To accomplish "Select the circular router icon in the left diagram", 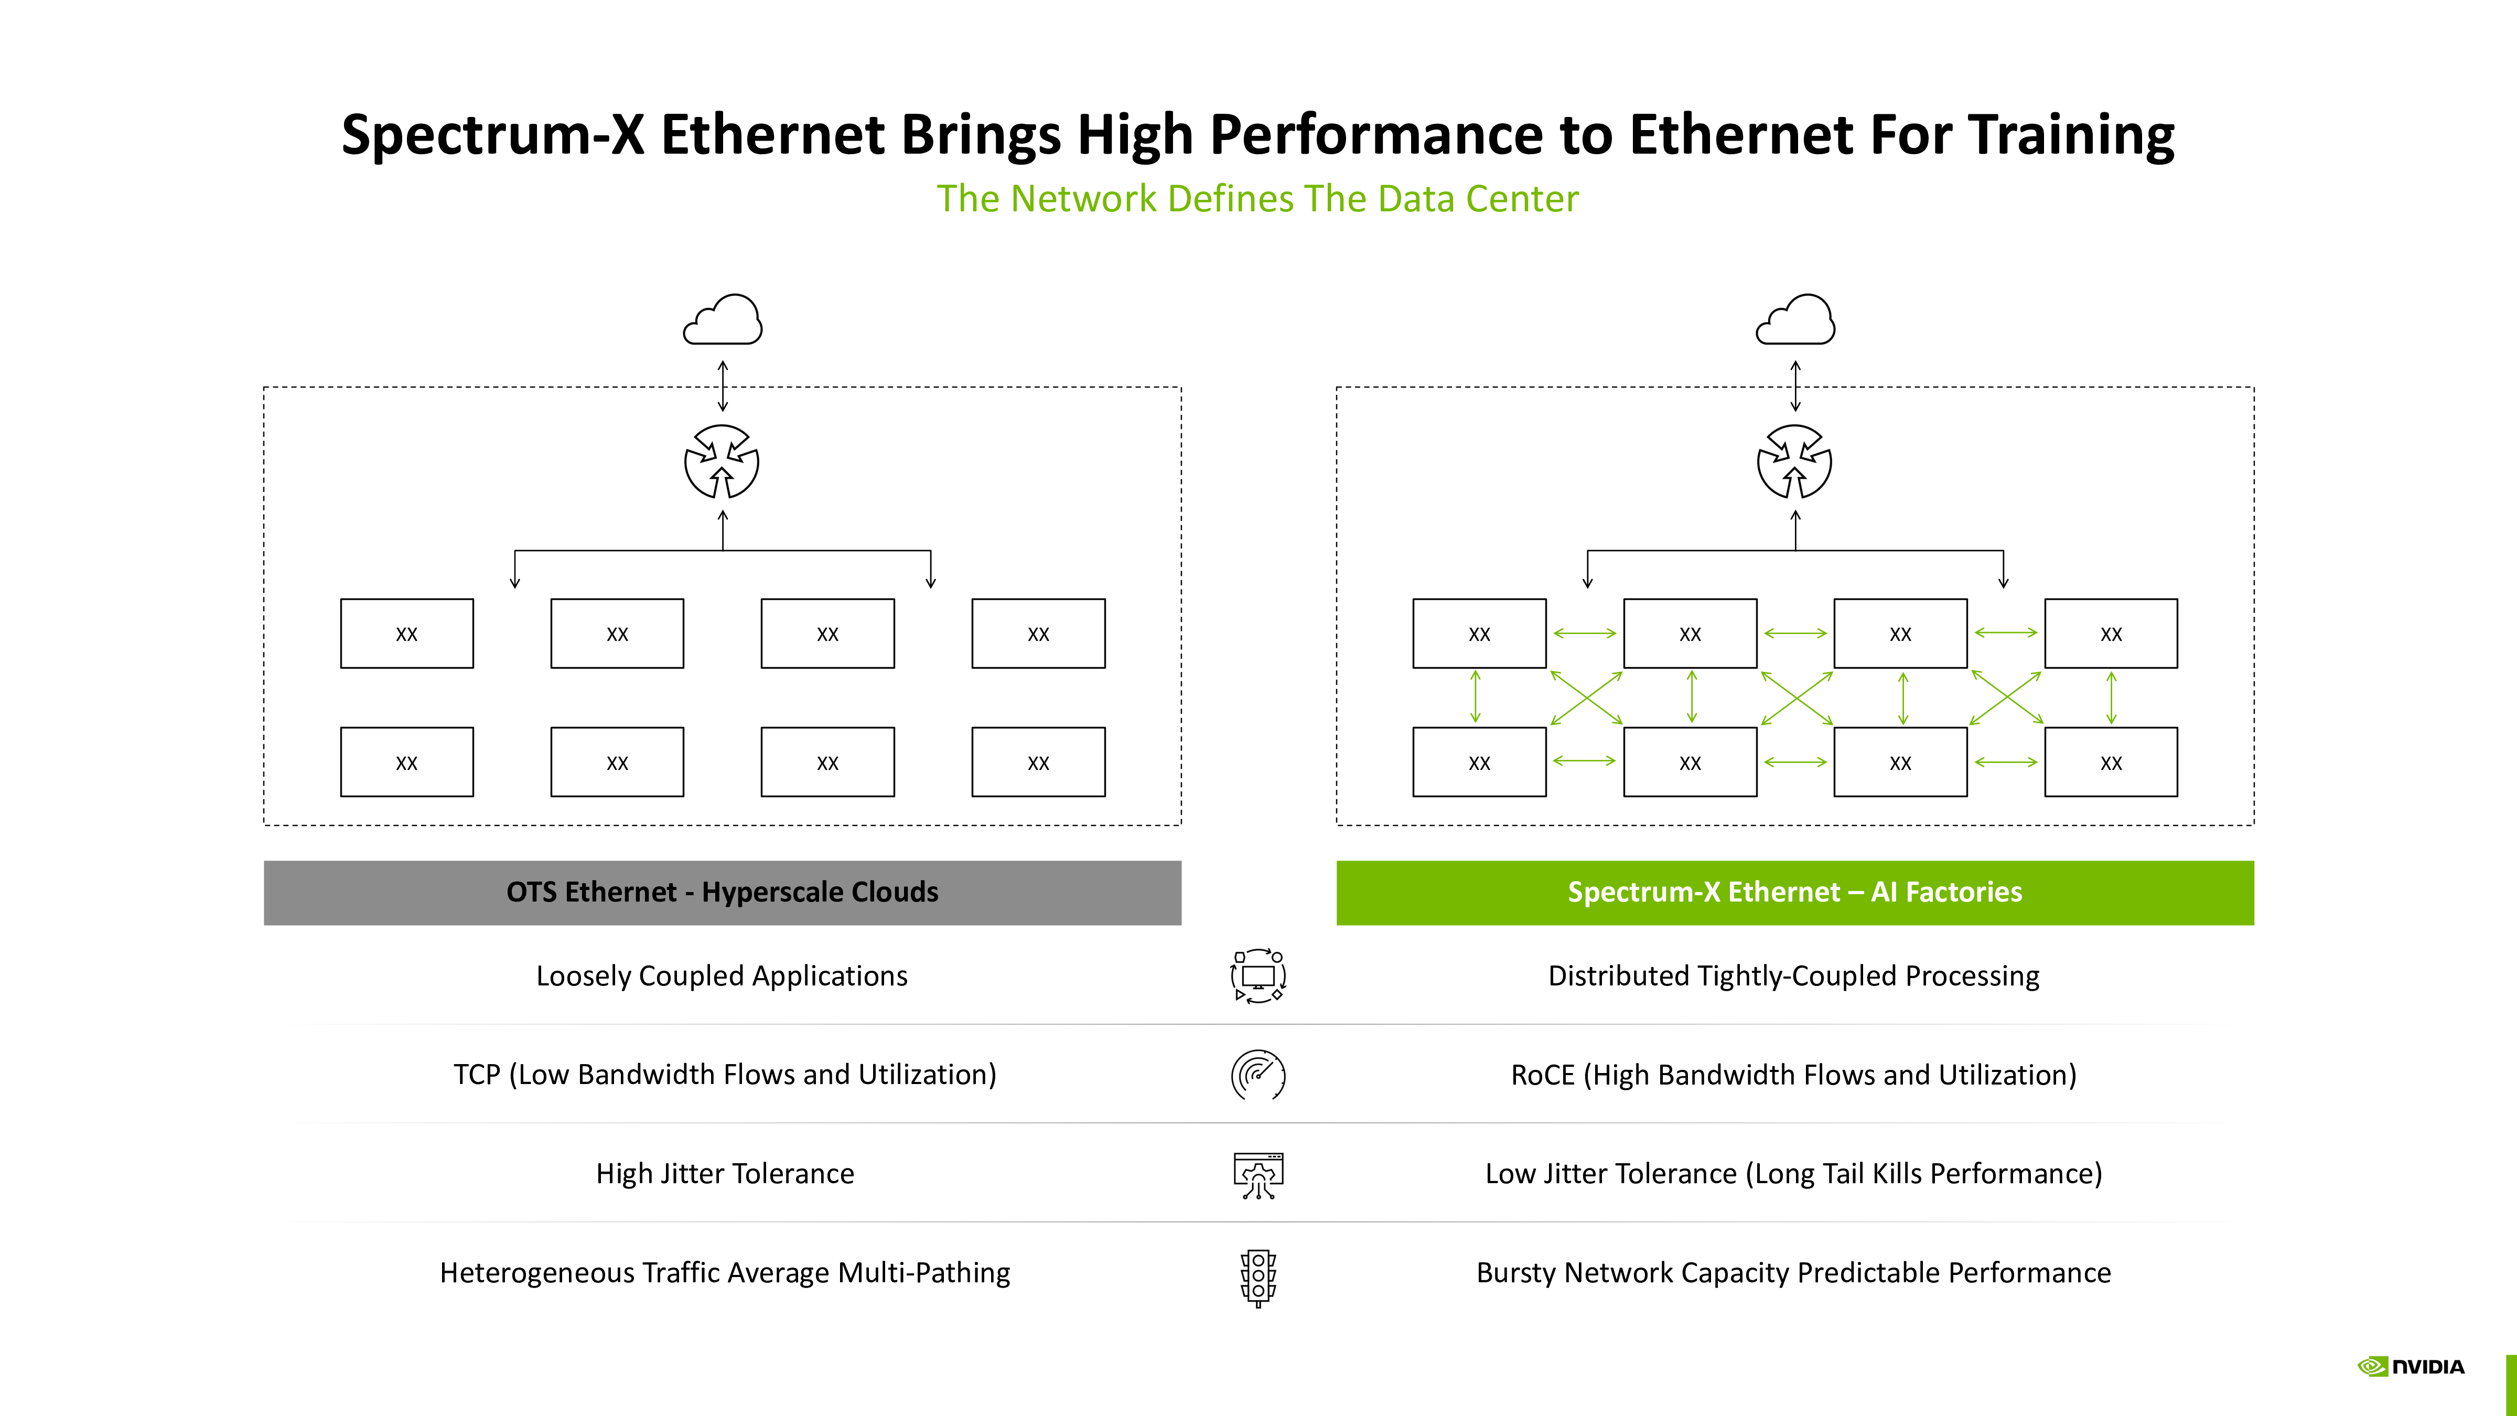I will pyautogui.click(x=722, y=462).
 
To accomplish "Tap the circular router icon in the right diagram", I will pyautogui.click(x=1795, y=462).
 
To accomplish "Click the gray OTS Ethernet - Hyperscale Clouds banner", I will pyautogui.click(x=722, y=892).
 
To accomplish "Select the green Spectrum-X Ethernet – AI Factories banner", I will pyautogui.click(x=1795, y=892).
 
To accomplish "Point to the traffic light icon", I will pyautogui.click(x=1258, y=1277).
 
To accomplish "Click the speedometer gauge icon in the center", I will pyautogui.click(x=1258, y=1075).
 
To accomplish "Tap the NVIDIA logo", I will pyautogui.click(x=2412, y=1366).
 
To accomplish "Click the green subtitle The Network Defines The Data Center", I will pyautogui.click(x=1257, y=198).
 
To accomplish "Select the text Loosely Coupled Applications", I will pyautogui.click(x=722, y=976).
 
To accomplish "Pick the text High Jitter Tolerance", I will pyautogui.click(x=725, y=1174).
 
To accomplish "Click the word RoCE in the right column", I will pyautogui.click(x=1543, y=1075).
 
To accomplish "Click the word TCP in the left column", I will pyautogui.click(x=477, y=1075).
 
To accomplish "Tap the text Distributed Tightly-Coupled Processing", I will pyautogui.click(x=1794, y=976).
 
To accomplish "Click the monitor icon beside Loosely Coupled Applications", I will pyautogui.click(x=1258, y=976).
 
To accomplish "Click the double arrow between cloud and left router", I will pyautogui.click(x=723, y=386).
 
